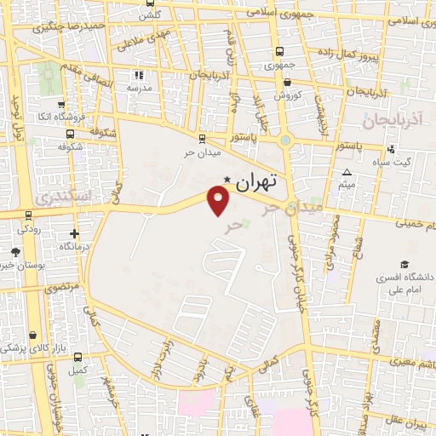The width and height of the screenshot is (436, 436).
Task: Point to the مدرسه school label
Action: point(139,88)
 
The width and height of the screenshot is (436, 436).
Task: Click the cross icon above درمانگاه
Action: point(75,232)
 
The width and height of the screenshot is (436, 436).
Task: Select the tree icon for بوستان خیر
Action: point(15,251)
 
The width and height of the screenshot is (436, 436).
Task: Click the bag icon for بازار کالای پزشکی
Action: point(32,335)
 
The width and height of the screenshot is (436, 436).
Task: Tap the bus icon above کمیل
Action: point(79,357)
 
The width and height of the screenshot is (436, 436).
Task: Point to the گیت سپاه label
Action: point(396,162)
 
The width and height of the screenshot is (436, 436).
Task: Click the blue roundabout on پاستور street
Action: point(285,141)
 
